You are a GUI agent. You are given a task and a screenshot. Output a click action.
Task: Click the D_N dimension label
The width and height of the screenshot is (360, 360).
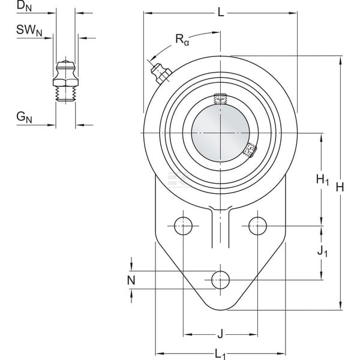(24, 6)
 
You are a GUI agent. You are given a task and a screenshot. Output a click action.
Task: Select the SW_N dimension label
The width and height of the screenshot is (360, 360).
(29, 31)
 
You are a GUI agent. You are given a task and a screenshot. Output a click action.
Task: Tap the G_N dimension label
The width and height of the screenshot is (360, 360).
(24, 118)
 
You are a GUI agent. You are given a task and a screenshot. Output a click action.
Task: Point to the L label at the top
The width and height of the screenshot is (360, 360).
(221, 12)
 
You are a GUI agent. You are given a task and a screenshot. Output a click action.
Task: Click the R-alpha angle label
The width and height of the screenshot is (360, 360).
(182, 40)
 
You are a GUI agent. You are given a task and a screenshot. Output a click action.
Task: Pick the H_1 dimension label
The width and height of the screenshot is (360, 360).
(323, 179)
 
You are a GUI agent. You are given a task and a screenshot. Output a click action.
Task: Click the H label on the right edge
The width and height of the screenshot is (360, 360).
(340, 187)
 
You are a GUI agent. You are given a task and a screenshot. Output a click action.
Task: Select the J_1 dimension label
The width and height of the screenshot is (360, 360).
(322, 251)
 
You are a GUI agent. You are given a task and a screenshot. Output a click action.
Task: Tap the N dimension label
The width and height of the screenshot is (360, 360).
(131, 280)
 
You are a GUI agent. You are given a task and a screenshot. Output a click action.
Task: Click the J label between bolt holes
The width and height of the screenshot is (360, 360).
(220, 334)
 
